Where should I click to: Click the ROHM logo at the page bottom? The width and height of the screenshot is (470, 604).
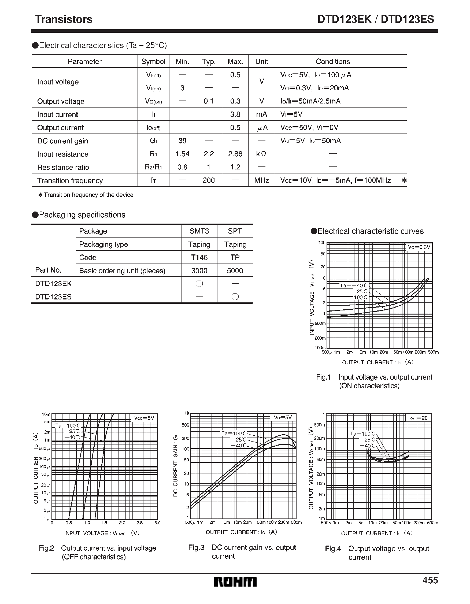[x=235, y=581]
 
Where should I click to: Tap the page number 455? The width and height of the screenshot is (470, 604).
[x=430, y=580]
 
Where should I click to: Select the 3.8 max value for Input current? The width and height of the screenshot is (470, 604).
[x=235, y=114]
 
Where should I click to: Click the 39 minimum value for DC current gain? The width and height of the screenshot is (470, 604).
[x=182, y=141]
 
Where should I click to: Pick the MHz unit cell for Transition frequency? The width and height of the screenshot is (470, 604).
[x=261, y=180]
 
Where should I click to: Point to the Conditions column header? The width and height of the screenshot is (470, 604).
[x=332, y=61]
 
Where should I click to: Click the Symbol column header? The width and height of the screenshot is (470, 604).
[x=153, y=61]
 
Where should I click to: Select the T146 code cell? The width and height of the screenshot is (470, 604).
[x=199, y=257]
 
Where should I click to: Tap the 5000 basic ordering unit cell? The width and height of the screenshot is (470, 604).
[x=235, y=270]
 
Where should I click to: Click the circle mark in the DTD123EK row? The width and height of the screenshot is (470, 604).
[x=199, y=283]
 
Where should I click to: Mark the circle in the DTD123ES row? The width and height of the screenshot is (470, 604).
[x=235, y=297]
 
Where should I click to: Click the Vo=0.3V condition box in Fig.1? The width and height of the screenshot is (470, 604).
[x=419, y=247]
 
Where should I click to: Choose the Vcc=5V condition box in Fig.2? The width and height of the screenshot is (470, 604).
[x=144, y=418]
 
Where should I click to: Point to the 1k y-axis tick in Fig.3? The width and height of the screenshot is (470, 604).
[x=187, y=413]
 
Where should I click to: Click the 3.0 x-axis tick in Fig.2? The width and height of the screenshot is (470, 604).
[x=157, y=523]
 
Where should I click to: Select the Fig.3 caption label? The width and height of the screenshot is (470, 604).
[x=196, y=547]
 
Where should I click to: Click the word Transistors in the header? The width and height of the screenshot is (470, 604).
[x=64, y=19]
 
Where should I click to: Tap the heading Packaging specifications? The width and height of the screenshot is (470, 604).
[x=82, y=215]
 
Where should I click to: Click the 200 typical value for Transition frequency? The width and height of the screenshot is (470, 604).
[x=209, y=180]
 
